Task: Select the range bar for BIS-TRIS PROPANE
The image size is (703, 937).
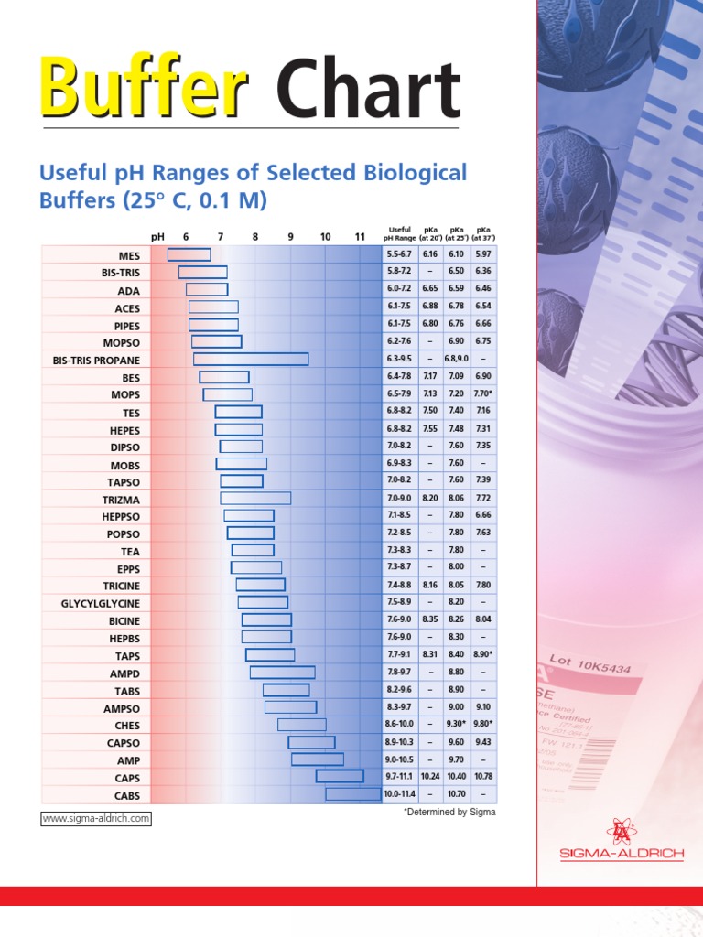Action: point(251,359)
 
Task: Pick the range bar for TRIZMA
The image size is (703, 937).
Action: point(255,498)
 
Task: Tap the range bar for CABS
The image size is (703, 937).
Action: point(353,794)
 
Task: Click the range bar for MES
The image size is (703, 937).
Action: point(189,254)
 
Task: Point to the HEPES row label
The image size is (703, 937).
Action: point(125,429)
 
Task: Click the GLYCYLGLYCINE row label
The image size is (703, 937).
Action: point(101,603)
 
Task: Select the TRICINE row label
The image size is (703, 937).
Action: point(122,586)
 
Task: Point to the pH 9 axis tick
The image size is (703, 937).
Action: point(290,237)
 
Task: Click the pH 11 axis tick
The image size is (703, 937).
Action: point(360,237)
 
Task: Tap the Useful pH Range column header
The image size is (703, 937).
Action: point(400,233)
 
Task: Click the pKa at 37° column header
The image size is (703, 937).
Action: point(483,233)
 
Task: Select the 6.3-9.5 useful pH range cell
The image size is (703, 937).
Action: point(400,359)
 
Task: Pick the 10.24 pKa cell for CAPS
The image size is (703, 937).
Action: point(430,777)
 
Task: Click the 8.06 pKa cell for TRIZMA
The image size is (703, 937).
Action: point(456,498)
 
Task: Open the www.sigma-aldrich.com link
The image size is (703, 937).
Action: point(96,818)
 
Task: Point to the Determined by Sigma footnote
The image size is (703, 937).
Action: point(449,812)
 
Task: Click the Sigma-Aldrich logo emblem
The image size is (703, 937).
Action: point(622,830)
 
